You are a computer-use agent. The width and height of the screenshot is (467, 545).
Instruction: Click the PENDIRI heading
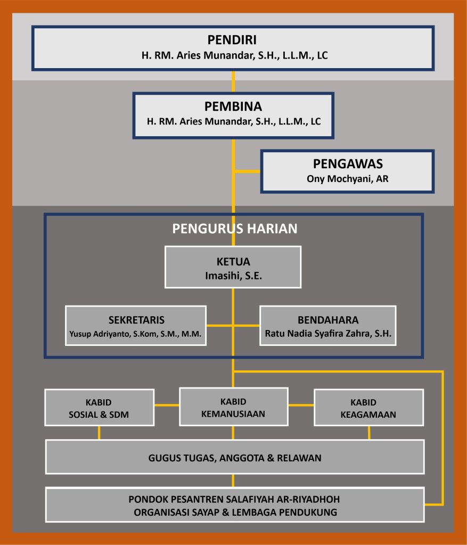233,40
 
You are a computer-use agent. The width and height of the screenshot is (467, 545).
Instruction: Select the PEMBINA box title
233,106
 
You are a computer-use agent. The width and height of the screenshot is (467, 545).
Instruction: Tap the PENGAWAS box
347,171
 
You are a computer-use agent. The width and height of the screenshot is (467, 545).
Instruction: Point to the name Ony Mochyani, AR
347,179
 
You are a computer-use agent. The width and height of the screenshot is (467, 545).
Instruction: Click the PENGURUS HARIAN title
234,229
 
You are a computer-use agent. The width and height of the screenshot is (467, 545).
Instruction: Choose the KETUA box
233,267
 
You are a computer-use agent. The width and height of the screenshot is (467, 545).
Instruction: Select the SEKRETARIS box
136,325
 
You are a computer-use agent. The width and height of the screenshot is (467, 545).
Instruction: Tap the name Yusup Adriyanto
101,334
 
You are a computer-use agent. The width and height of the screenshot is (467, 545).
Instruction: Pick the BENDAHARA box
327,325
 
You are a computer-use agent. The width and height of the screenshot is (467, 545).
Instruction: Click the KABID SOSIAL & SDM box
99,407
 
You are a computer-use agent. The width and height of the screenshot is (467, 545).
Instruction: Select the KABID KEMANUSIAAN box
233,407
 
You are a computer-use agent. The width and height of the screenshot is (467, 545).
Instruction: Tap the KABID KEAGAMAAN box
368,407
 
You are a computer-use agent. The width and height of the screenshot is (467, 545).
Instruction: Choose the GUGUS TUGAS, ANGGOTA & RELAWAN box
234,457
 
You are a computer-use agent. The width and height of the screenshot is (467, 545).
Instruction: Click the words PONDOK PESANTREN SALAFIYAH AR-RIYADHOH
234,500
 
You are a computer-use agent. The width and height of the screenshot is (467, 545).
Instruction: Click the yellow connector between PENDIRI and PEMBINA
233,81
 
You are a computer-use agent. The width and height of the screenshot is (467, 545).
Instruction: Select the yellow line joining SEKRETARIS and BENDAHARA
233,325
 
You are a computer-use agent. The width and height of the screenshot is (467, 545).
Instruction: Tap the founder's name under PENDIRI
233,55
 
